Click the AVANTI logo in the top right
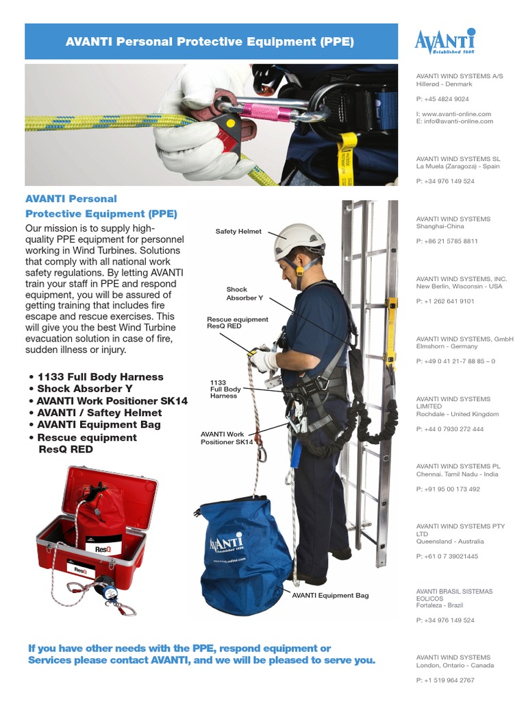pos(444,41)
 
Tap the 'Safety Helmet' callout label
pos(238,232)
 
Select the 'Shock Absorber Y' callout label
pos(245,293)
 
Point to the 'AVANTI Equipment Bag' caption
pos(330,595)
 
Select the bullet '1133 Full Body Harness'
pos(100,377)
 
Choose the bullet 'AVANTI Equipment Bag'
pos(99,424)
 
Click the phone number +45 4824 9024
pos(442,99)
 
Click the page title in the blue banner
pos(210,42)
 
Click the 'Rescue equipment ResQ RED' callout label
pos(237,323)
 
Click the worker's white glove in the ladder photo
pos(264,361)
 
